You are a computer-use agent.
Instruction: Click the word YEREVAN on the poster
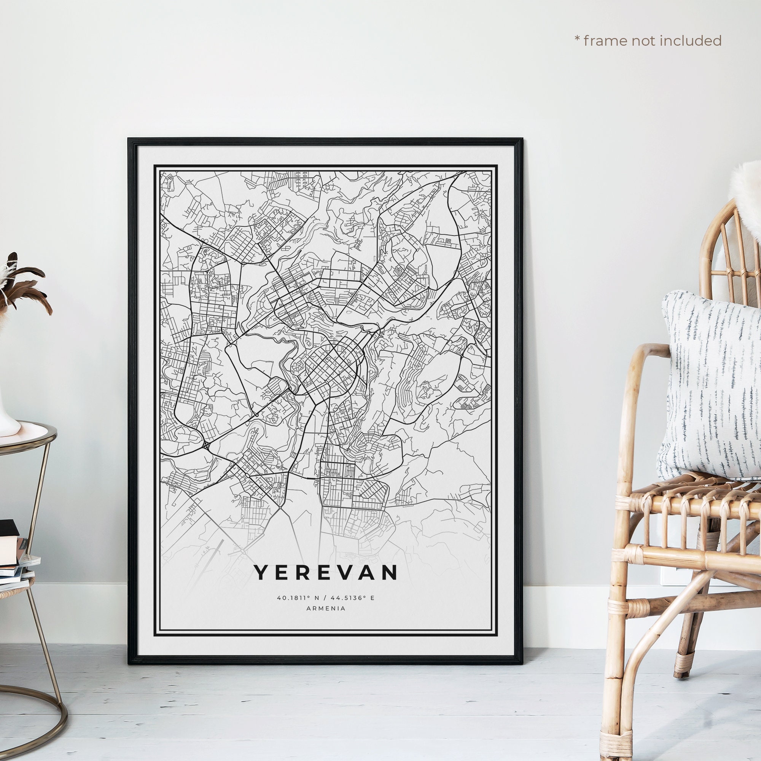325,572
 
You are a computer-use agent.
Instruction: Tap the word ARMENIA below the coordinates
325,608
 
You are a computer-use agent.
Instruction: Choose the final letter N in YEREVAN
390,572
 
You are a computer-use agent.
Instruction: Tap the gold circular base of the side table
35,729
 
